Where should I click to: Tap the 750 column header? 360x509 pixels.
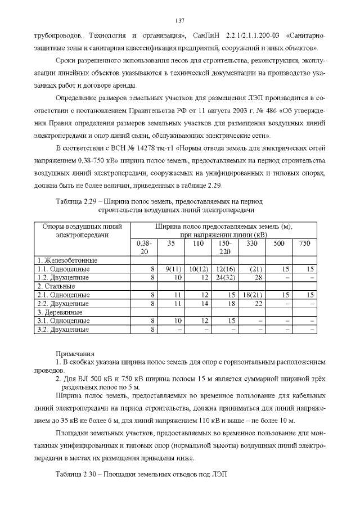pyautogui.click(x=304, y=244)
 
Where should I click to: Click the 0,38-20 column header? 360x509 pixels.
pyautogui.click(x=144, y=247)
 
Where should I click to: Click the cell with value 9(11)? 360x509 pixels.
pyautogui.click(x=172, y=269)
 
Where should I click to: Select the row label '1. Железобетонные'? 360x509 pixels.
pyautogui.click(x=67, y=261)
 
